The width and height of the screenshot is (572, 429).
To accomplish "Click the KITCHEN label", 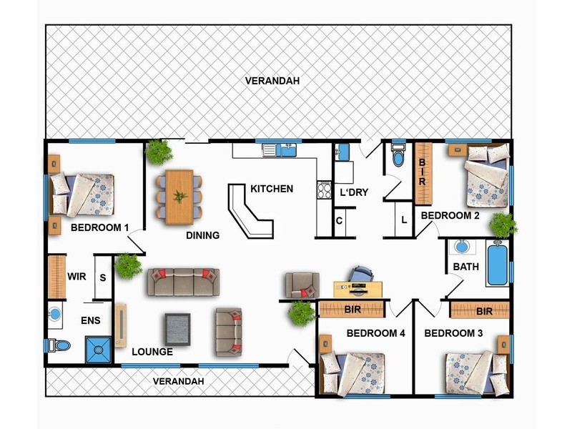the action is pos(272,189).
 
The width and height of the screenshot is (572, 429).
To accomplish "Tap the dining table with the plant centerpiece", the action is pos(179,197).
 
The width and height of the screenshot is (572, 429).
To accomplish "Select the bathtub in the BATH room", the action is pos(497,264).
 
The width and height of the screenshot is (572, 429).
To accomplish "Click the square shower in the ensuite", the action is pos(98,350).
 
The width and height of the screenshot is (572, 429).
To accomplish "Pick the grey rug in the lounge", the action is pos(177,330).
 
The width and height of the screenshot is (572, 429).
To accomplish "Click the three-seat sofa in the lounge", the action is pos(184,282).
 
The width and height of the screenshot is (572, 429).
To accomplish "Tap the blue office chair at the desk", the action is pos(361,274).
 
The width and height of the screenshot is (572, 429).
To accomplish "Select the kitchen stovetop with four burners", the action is pos(324,189).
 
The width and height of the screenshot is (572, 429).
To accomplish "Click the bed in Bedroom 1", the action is pos(82,194).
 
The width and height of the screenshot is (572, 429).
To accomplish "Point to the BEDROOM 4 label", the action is pos(376,333).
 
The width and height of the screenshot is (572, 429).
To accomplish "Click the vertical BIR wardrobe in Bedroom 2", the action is pos(423,174).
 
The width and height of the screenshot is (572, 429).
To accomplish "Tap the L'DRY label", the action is pos(354,192).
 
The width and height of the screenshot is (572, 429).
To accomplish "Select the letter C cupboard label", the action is pos(339,221).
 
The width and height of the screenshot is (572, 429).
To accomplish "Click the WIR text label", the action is pos(77,277).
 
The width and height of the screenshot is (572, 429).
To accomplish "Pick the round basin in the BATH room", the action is pos(461,247).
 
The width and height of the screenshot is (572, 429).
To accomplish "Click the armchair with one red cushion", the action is pos(302,285).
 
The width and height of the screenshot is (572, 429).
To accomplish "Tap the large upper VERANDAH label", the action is pos(272,81).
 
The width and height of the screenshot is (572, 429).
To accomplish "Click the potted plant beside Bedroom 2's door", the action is pos(503,225).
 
